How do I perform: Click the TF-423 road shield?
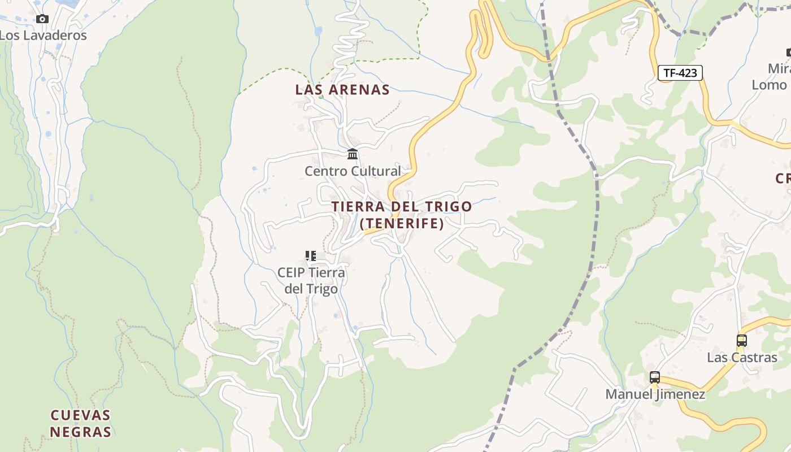click(x=680, y=73)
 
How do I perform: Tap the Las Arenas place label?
click(x=342, y=89)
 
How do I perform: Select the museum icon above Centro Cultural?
click(x=353, y=154)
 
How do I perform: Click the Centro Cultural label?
click(x=353, y=171)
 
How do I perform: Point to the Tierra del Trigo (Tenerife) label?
click(x=402, y=215)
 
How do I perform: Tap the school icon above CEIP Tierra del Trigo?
click(x=310, y=256)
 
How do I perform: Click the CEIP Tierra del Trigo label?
click(x=311, y=280)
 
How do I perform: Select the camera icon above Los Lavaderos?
click(x=42, y=19)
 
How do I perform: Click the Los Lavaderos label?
click(x=43, y=35)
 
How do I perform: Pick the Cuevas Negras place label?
click(x=80, y=424)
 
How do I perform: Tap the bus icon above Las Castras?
click(x=742, y=341)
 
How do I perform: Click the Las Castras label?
click(x=742, y=358)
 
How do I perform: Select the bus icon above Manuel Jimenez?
click(x=655, y=377)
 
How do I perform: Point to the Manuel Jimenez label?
click(x=655, y=394)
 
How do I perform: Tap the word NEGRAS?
click(x=80, y=432)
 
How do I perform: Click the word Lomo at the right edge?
click(x=769, y=85)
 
